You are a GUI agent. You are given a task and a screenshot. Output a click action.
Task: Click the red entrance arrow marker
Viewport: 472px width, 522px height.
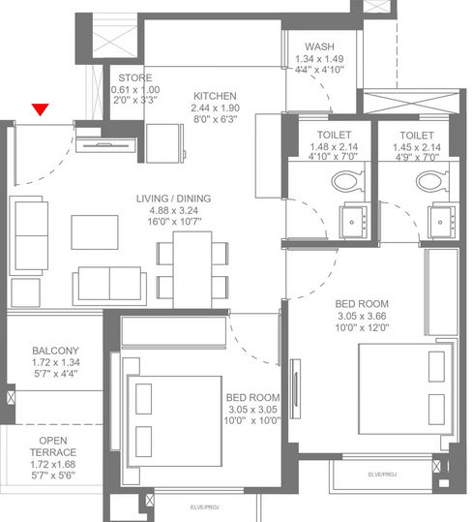(41, 109)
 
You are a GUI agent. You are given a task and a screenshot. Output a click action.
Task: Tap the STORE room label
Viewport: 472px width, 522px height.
(135, 77)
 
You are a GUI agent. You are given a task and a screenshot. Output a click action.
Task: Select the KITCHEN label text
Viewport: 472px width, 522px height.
(215, 96)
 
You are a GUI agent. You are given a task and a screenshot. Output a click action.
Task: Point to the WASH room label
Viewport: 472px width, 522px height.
(319, 46)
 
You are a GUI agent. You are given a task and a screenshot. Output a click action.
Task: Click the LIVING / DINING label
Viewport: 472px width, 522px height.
(173, 199)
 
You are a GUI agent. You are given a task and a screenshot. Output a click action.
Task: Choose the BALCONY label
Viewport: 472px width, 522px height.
(55, 351)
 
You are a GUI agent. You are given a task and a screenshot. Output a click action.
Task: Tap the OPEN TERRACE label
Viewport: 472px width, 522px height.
(53, 446)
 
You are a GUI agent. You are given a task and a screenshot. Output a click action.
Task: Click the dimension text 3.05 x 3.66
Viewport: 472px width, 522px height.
(362, 316)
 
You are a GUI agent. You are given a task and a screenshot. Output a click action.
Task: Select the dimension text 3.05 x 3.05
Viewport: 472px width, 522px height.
(252, 410)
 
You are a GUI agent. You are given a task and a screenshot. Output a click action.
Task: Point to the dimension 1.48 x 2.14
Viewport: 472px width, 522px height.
(334, 147)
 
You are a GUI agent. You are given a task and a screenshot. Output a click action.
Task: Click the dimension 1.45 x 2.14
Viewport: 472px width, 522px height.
(417, 147)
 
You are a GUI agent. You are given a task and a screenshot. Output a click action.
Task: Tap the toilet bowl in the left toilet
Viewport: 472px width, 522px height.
(348, 181)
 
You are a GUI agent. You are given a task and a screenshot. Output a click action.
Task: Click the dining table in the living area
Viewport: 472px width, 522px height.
(192, 270)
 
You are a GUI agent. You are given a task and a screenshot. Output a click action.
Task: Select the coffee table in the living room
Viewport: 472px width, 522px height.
(95, 232)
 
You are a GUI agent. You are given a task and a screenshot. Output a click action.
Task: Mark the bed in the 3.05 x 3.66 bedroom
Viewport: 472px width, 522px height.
(405, 389)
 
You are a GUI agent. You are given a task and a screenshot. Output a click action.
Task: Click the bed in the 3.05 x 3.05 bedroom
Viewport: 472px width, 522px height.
(175, 421)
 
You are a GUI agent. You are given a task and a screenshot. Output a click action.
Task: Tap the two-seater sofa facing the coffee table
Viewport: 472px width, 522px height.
(109, 286)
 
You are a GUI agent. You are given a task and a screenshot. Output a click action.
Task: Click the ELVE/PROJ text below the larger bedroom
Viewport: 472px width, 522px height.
(382, 475)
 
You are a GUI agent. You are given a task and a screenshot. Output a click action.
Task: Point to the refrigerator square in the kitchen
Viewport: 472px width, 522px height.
(162, 143)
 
